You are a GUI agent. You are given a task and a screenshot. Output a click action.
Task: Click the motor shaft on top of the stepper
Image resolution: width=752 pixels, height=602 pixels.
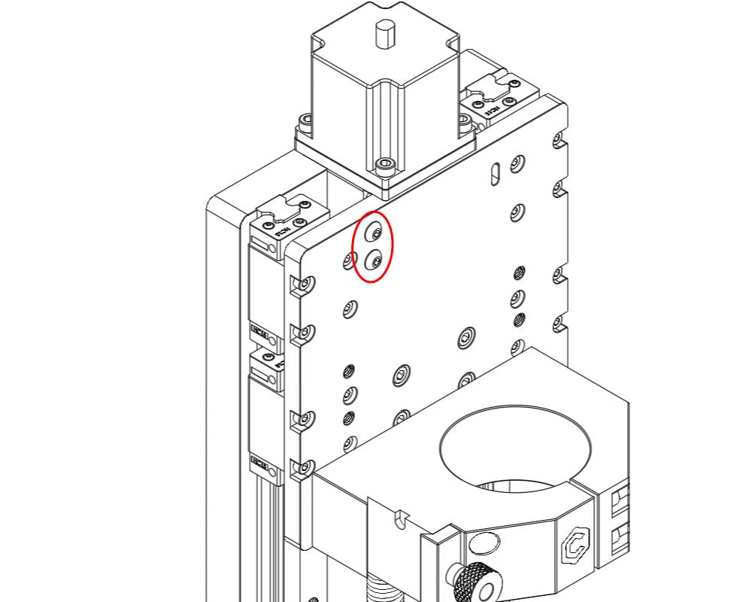click(385, 34)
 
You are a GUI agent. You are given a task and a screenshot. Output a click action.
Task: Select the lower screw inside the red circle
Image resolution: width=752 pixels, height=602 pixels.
click(375, 261)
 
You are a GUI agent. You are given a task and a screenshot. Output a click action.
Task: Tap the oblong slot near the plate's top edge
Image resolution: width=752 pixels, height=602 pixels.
click(493, 172)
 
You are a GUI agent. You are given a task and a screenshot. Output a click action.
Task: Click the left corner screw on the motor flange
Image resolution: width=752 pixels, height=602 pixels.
click(305, 120)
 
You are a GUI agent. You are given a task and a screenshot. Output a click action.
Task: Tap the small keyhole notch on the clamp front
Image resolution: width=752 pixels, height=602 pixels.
click(398, 518)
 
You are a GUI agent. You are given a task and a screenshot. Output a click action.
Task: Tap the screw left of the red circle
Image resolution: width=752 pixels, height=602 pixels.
click(349, 261)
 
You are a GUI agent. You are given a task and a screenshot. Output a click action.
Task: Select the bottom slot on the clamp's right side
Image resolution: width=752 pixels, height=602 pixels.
click(620, 538)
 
